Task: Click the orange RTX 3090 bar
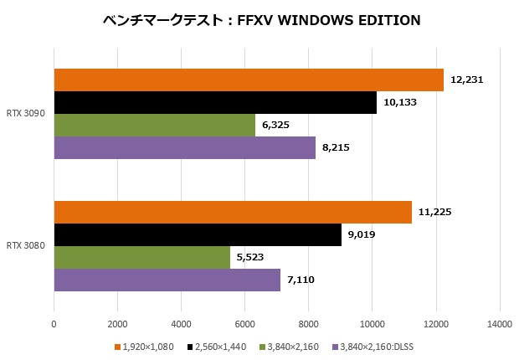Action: [249, 80]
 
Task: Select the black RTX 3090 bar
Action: [215, 102]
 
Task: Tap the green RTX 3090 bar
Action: [155, 125]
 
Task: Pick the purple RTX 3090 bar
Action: [185, 147]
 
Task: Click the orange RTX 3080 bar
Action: [233, 212]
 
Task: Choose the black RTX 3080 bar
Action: [198, 234]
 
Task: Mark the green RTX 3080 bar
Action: [142, 257]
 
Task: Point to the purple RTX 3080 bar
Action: [167, 280]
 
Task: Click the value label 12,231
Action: [467, 80]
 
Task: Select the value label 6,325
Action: [276, 125]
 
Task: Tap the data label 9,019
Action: [362, 234]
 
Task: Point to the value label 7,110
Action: [301, 280]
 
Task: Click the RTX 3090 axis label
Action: [25, 113]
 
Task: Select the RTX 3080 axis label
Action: [25, 245]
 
